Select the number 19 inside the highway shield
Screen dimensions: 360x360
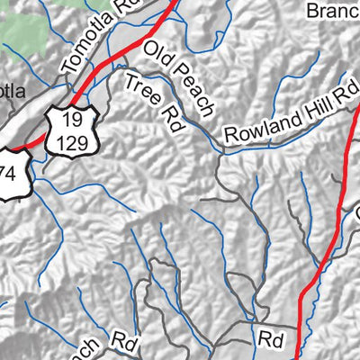(69, 118)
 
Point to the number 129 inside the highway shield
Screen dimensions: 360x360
(69, 140)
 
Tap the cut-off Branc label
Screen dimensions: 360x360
(332, 12)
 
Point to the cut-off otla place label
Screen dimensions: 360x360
(15, 90)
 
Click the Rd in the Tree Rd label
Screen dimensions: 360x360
(169, 119)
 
